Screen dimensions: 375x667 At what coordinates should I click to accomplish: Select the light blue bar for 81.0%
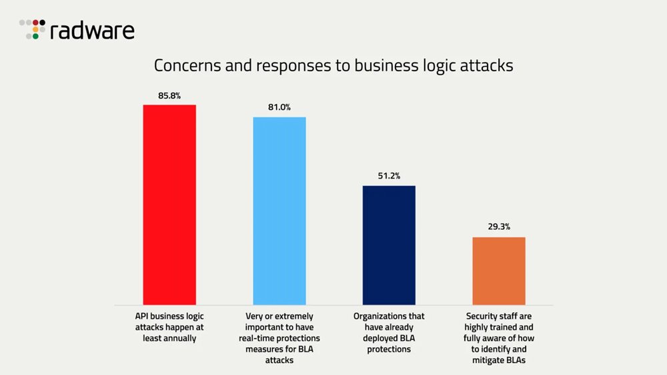pos(279,210)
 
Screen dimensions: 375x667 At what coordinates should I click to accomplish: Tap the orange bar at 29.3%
pos(498,270)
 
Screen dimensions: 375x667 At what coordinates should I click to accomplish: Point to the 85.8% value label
pos(169,96)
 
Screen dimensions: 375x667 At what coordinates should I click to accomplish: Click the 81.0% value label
pos(279,107)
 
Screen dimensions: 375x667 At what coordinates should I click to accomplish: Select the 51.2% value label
pos(389,176)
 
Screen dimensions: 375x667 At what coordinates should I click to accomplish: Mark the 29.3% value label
pos(498,226)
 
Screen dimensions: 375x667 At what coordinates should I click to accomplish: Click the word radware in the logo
pos(92,31)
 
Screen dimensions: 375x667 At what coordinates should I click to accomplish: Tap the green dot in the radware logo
pos(35,37)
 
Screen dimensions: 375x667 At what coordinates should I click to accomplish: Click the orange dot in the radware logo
pos(35,29)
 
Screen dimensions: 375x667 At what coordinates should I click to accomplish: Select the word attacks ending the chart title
pos(488,66)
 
